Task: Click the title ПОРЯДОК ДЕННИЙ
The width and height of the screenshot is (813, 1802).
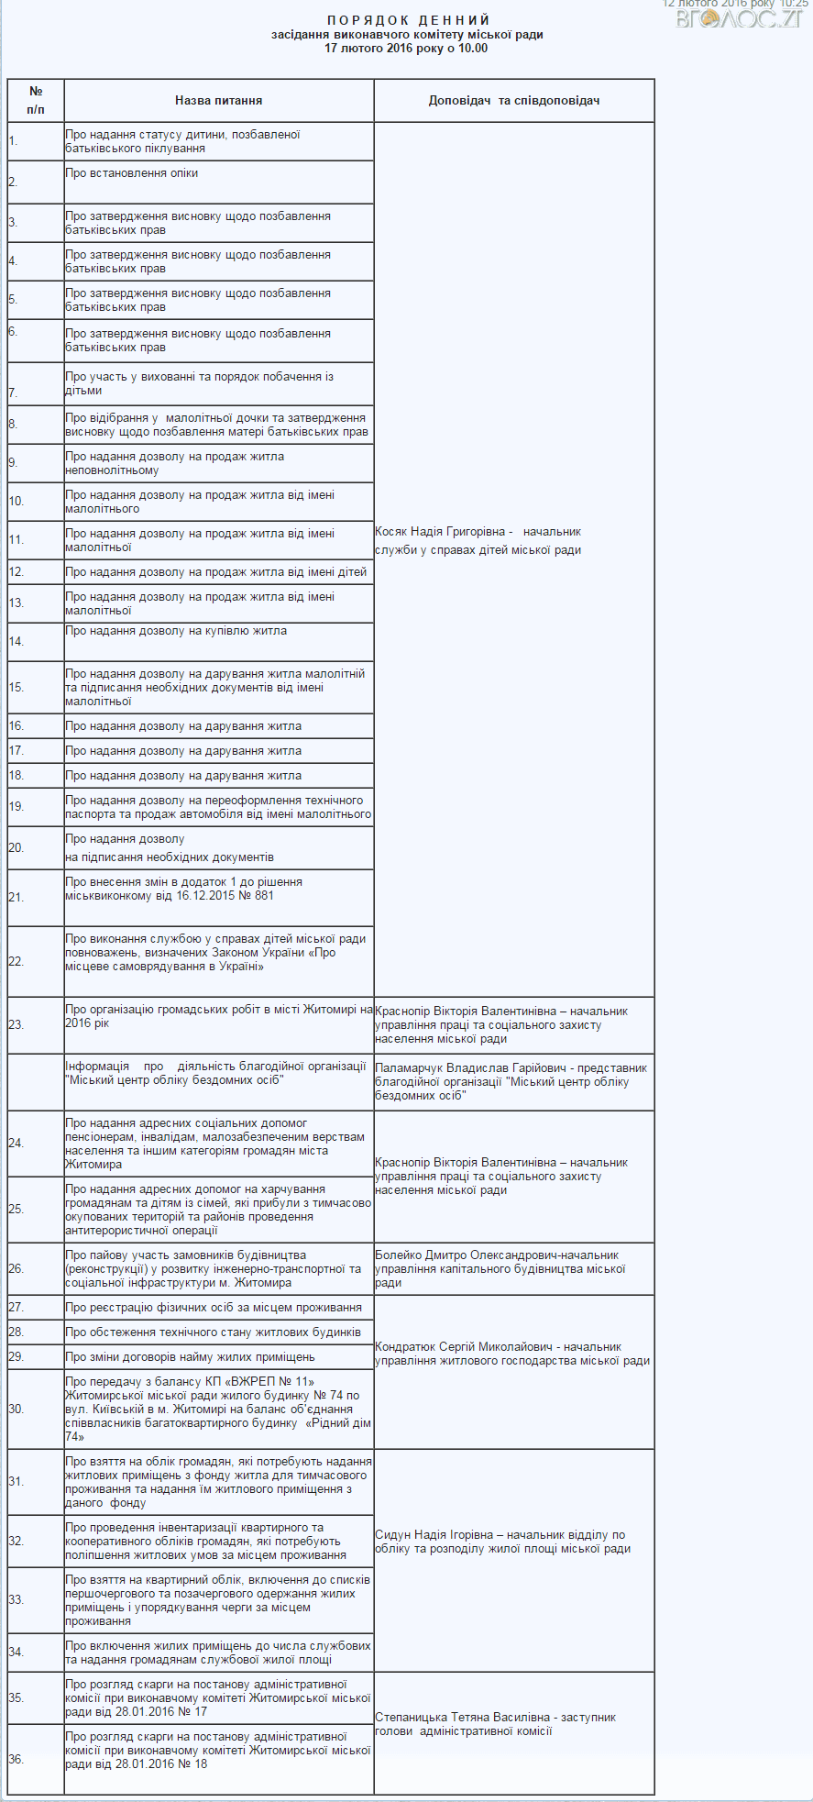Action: point(408,20)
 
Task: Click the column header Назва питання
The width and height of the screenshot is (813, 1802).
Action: point(219,101)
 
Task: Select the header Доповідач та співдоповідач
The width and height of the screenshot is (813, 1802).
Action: point(513,101)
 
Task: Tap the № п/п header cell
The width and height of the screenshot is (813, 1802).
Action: point(36,101)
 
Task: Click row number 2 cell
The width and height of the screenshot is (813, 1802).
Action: point(36,182)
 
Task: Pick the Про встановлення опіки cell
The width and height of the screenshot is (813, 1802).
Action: point(132,173)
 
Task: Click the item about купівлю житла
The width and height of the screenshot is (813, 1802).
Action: point(176,631)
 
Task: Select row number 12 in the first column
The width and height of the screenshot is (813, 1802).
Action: point(36,572)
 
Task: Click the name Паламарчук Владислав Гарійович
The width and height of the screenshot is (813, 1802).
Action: point(458,1068)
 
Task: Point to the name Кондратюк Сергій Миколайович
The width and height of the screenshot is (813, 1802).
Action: point(464,1347)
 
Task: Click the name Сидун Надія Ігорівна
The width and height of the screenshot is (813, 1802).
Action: point(434,1535)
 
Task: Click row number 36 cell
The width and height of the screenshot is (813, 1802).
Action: point(36,1759)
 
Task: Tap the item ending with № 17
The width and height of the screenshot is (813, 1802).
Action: point(218,1698)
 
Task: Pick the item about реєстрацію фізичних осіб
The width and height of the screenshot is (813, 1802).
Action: point(214,1308)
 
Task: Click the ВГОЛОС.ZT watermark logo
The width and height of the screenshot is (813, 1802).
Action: point(739,17)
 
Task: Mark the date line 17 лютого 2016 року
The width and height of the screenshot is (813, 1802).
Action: point(406,49)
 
